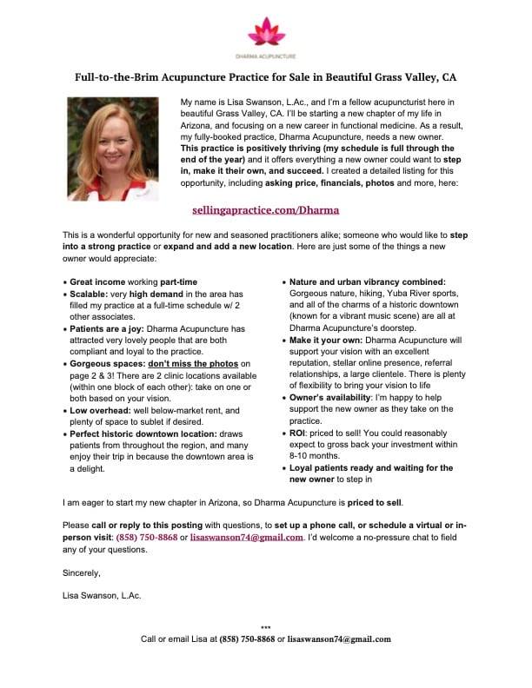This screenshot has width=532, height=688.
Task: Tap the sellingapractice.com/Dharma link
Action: tap(265, 209)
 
